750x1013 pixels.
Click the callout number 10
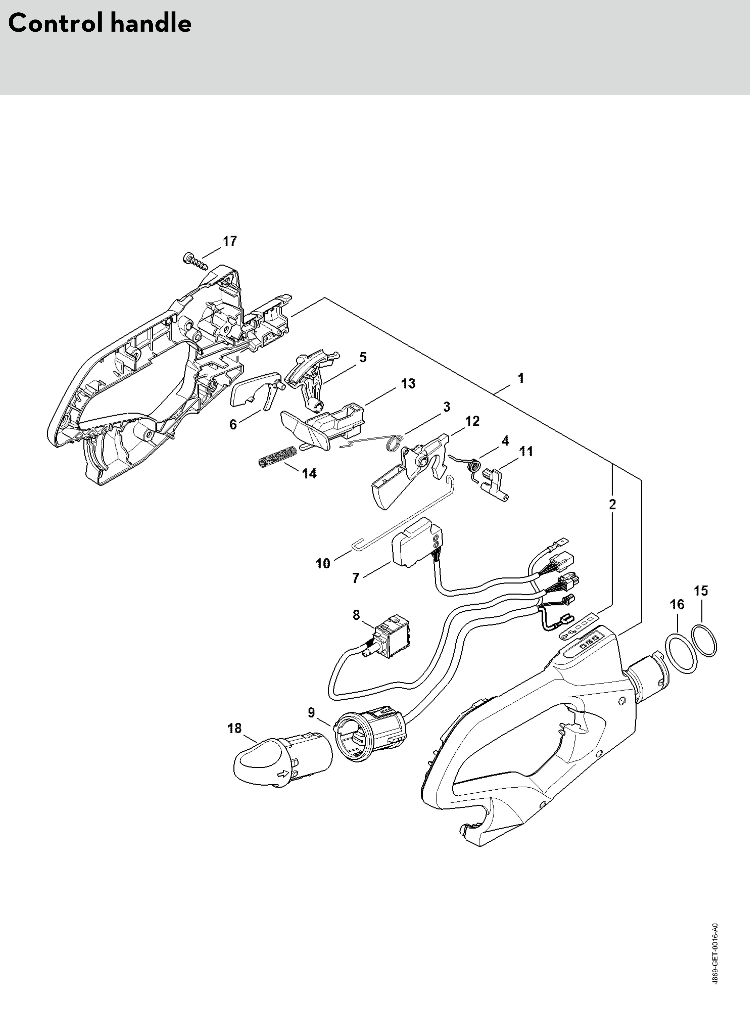[323, 564]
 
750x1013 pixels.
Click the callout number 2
[613, 504]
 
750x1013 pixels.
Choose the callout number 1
[521, 378]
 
